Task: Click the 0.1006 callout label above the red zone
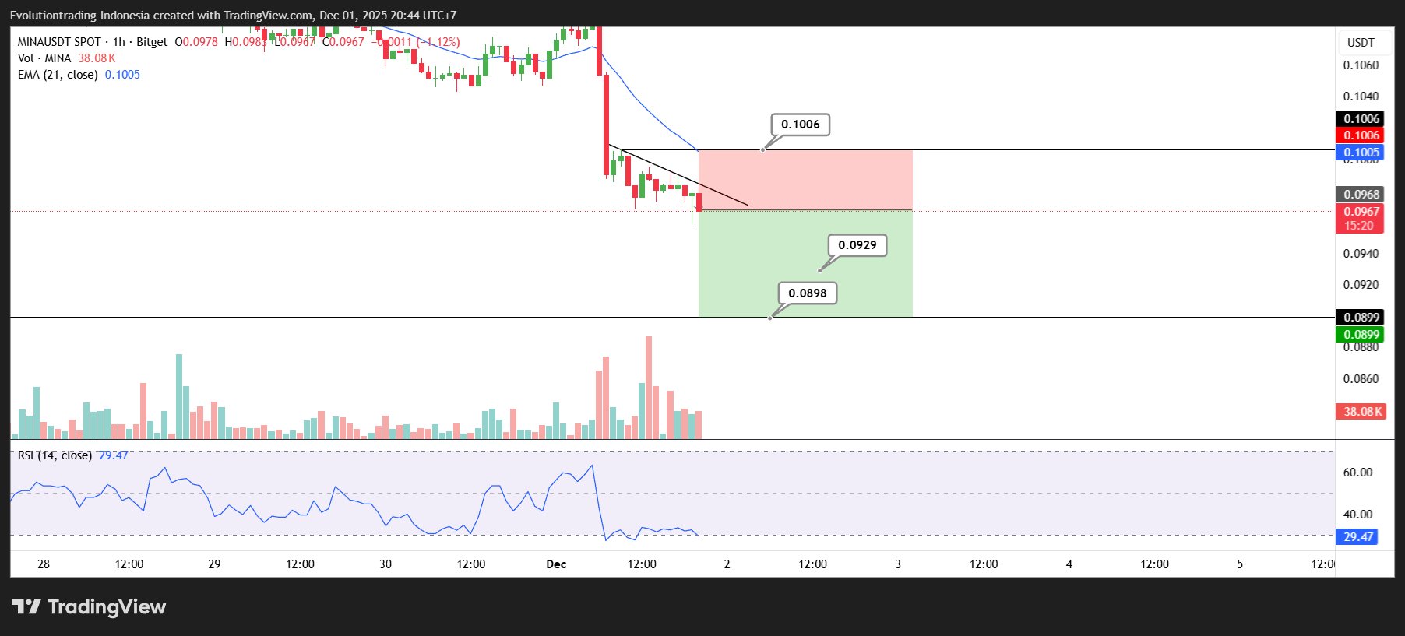800,125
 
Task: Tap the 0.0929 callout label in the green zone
857,245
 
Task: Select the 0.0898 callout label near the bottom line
807,293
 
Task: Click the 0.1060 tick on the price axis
1360,65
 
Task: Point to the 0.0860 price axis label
1360,379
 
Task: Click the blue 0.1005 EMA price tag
1360,153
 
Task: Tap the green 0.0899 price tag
1360,335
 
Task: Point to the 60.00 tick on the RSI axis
1357,473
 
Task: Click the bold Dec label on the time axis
556,564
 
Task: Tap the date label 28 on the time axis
44,564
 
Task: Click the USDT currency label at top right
1361,43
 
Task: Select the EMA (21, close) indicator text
58,75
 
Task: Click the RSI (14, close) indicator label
55,455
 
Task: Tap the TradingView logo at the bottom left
89,607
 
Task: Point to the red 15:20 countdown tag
1359,226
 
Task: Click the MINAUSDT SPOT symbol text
59,42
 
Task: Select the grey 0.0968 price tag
1360,195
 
